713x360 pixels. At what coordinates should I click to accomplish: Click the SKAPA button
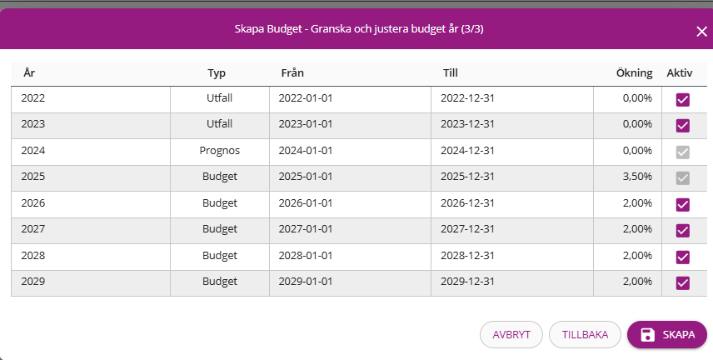tap(666, 335)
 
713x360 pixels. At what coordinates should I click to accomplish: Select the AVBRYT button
tap(511, 335)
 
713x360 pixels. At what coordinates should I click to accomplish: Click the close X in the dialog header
tap(701, 31)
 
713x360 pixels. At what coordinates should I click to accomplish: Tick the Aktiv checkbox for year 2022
tap(683, 99)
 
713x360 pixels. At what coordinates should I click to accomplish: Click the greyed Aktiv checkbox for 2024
tap(683, 152)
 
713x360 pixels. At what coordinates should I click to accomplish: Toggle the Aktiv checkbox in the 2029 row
tap(683, 282)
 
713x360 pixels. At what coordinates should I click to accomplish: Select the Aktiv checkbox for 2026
tap(683, 204)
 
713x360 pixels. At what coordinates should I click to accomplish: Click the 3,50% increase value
tap(637, 177)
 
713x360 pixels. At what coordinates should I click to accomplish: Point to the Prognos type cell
tap(220, 151)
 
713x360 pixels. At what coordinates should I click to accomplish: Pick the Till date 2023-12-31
tap(468, 124)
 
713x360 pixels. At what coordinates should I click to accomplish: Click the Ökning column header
tap(634, 73)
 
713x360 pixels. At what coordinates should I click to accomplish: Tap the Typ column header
tap(217, 73)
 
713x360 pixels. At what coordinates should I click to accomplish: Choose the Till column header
tap(451, 73)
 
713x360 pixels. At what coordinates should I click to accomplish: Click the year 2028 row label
tap(33, 256)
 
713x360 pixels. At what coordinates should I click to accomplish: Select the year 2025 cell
tap(33, 177)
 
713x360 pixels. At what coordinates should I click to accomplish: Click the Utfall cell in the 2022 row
tap(220, 98)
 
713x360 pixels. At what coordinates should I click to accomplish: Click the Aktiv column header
tap(680, 73)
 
